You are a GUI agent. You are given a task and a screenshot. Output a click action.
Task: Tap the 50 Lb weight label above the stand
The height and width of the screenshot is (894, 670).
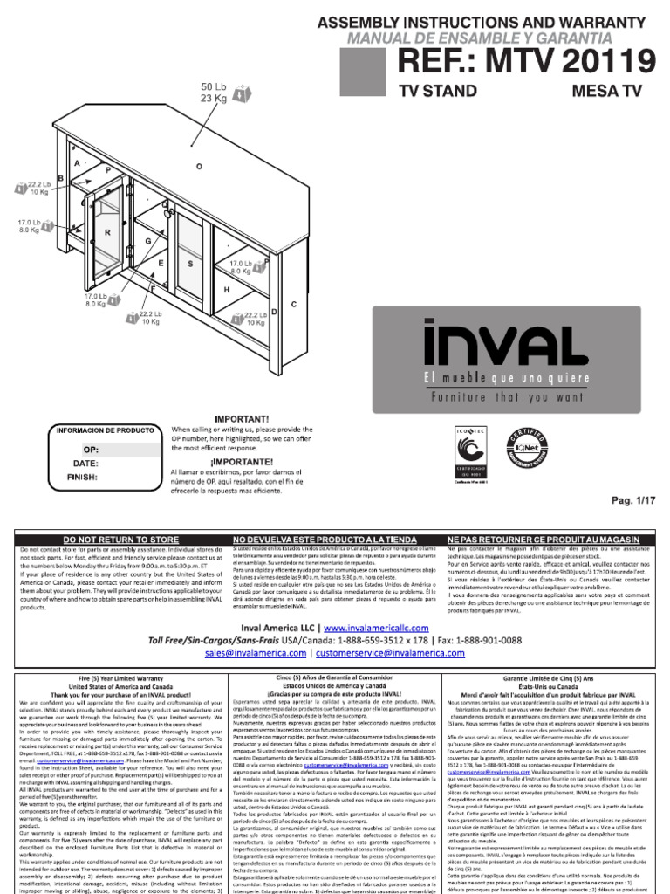(214, 87)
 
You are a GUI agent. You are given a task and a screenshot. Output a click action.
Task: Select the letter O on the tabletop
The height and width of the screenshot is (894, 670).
(199, 165)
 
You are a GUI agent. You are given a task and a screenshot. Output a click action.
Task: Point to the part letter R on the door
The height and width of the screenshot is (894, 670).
(107, 233)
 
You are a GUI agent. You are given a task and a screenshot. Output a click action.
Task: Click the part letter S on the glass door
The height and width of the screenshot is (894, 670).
(190, 263)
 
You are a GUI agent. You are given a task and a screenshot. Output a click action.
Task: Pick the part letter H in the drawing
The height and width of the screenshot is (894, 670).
(226, 289)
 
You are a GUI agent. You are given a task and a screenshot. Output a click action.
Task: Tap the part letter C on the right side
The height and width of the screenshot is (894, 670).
(294, 304)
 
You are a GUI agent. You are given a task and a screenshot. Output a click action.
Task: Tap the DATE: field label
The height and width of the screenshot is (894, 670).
(85, 463)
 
